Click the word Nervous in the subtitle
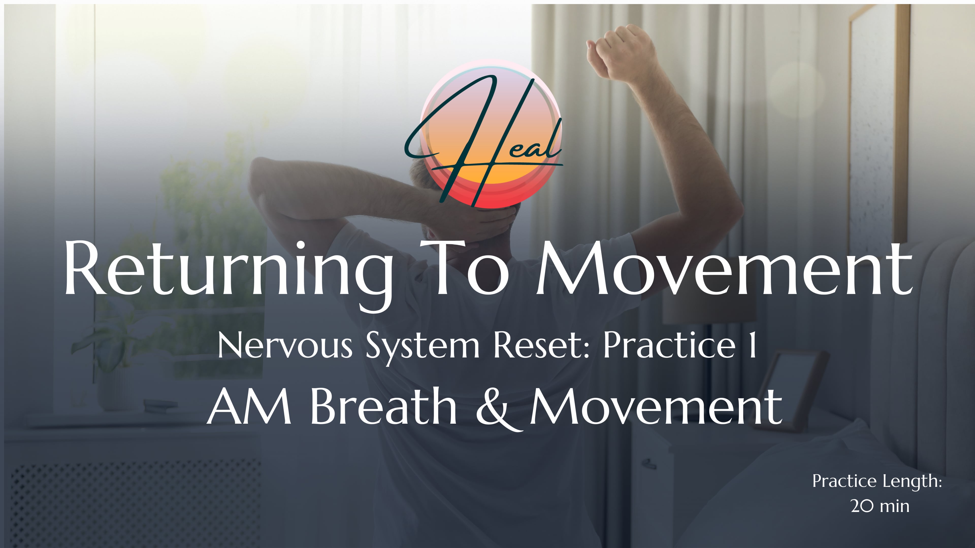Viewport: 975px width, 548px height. point(285,346)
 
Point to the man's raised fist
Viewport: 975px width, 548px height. point(621,53)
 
